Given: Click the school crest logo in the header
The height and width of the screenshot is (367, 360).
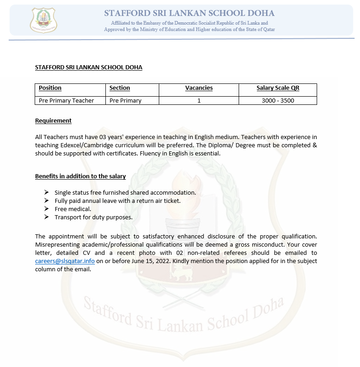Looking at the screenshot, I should pos(43,21).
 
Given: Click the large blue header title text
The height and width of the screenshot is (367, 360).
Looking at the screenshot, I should pos(189,13).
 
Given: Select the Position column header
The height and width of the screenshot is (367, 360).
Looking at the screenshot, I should pos(50,88).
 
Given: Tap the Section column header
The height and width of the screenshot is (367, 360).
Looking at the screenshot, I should pos(120,88).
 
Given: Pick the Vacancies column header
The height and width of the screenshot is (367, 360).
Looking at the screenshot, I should pos(199,88).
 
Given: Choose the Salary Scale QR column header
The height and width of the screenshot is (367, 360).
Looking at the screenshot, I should pos(278,88).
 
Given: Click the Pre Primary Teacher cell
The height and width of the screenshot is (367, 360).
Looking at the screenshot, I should pos(66,101).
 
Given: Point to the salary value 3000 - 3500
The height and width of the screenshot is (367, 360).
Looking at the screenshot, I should pos(278,101).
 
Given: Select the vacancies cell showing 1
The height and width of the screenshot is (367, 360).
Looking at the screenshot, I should pos(199,101).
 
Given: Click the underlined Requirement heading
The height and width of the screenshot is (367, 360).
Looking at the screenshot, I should pos(53,121).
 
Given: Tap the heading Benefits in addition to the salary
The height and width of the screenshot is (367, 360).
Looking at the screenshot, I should pos(80,176).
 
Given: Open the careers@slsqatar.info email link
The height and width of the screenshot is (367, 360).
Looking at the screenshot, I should pos(65,261).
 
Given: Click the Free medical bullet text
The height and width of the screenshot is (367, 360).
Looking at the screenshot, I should pos(73,209).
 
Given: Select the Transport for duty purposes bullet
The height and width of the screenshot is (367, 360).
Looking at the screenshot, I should pos(94,217).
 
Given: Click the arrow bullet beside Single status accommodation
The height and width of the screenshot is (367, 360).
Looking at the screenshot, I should pos(47,192).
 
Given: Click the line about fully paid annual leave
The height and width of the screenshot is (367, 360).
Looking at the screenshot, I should pos(118,201).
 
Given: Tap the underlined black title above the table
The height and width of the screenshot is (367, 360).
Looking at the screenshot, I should pos(89,67).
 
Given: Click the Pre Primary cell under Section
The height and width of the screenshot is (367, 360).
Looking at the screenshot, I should pos(125,101).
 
